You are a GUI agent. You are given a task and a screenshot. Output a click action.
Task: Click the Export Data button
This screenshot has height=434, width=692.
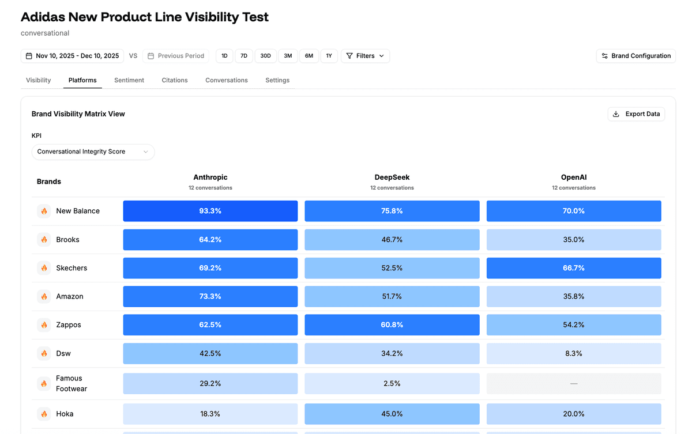(636, 114)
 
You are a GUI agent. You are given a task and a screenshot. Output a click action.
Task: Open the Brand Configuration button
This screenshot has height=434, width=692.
(635, 56)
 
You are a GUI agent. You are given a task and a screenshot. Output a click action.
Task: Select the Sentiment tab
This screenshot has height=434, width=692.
(129, 80)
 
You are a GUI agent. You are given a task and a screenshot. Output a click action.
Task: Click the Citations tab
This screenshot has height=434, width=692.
(175, 80)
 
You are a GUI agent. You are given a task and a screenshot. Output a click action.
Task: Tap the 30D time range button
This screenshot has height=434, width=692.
(265, 56)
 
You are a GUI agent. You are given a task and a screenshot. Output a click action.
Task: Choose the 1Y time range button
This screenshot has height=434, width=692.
(329, 56)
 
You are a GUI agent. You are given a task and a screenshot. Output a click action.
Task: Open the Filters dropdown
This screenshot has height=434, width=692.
(365, 56)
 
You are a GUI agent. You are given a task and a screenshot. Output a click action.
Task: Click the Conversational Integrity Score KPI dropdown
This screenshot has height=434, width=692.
(93, 152)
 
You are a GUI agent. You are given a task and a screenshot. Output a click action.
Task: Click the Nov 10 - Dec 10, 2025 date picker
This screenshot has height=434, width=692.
(72, 56)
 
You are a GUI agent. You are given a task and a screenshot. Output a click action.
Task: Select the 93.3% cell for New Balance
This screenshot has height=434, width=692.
(210, 211)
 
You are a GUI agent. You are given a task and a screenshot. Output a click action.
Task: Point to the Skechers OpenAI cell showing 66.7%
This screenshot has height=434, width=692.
(574, 268)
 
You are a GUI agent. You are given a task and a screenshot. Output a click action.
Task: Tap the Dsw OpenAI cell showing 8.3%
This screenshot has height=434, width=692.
(574, 353)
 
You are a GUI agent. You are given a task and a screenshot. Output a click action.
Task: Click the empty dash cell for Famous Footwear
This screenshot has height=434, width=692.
(574, 383)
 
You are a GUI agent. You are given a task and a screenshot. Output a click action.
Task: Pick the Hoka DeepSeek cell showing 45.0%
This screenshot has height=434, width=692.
(392, 414)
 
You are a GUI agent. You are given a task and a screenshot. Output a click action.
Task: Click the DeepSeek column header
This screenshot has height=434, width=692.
(392, 178)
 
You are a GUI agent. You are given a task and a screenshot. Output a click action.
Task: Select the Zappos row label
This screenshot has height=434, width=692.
(69, 325)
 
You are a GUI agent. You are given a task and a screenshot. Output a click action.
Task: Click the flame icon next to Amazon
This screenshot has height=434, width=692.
(44, 296)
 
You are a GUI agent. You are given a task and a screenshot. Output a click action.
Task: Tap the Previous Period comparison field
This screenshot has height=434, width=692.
(176, 56)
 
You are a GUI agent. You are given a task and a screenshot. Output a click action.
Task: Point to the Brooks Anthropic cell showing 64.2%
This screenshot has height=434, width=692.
(210, 240)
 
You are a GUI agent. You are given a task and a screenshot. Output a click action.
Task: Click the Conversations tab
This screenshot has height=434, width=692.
(227, 80)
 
